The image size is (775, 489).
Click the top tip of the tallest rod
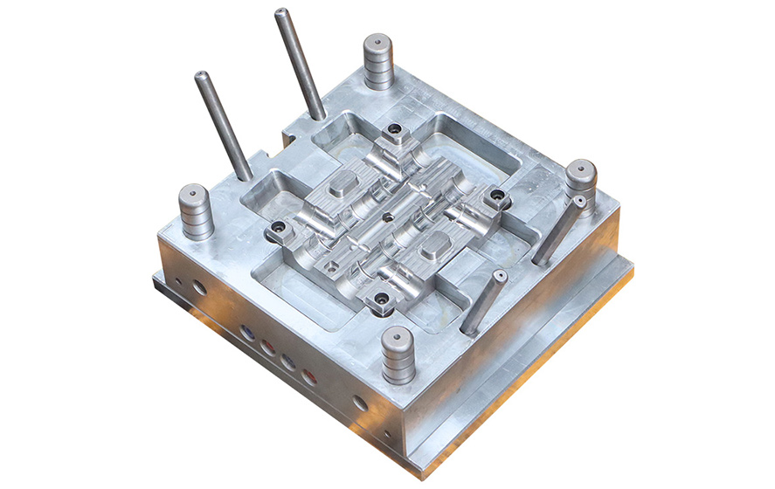click(281, 14)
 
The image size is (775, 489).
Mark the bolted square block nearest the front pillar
click(382, 300)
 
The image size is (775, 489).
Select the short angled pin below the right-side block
click(482, 301)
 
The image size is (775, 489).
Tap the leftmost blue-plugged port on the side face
click(247, 333)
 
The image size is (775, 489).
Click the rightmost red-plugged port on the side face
click(308, 376)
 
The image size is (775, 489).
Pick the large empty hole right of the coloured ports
click(359, 403)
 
